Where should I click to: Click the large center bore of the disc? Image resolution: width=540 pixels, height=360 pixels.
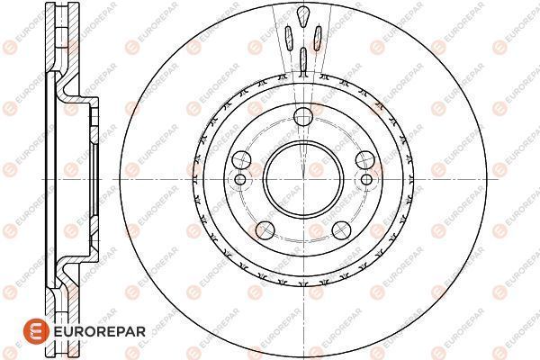[302, 168]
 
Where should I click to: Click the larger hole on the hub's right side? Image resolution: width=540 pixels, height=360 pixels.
[364, 158]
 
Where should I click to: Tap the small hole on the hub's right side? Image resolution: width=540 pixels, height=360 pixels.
[366, 178]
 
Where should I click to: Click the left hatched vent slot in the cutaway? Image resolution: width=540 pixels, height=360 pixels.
[288, 39]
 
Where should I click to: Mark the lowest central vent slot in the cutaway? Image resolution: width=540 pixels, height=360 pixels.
[302, 59]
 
